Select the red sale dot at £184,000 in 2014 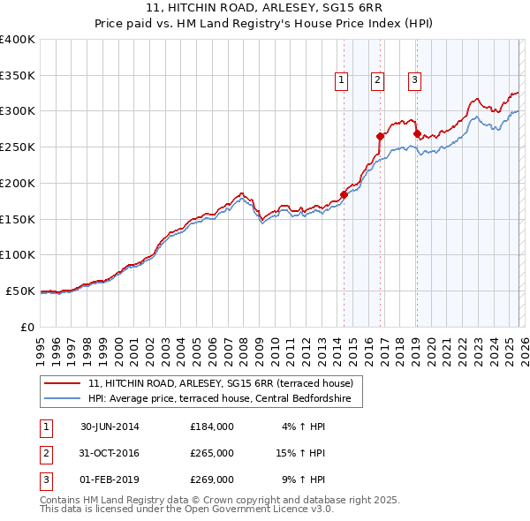click(x=344, y=194)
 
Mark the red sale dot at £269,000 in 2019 click(x=416, y=133)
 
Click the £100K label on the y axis click(x=18, y=255)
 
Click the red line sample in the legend click(x=64, y=383)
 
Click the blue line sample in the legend click(x=64, y=399)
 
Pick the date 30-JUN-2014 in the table click(x=110, y=427)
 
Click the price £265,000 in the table click(x=211, y=453)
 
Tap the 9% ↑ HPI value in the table click(x=303, y=479)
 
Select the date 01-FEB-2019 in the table click(x=110, y=479)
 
